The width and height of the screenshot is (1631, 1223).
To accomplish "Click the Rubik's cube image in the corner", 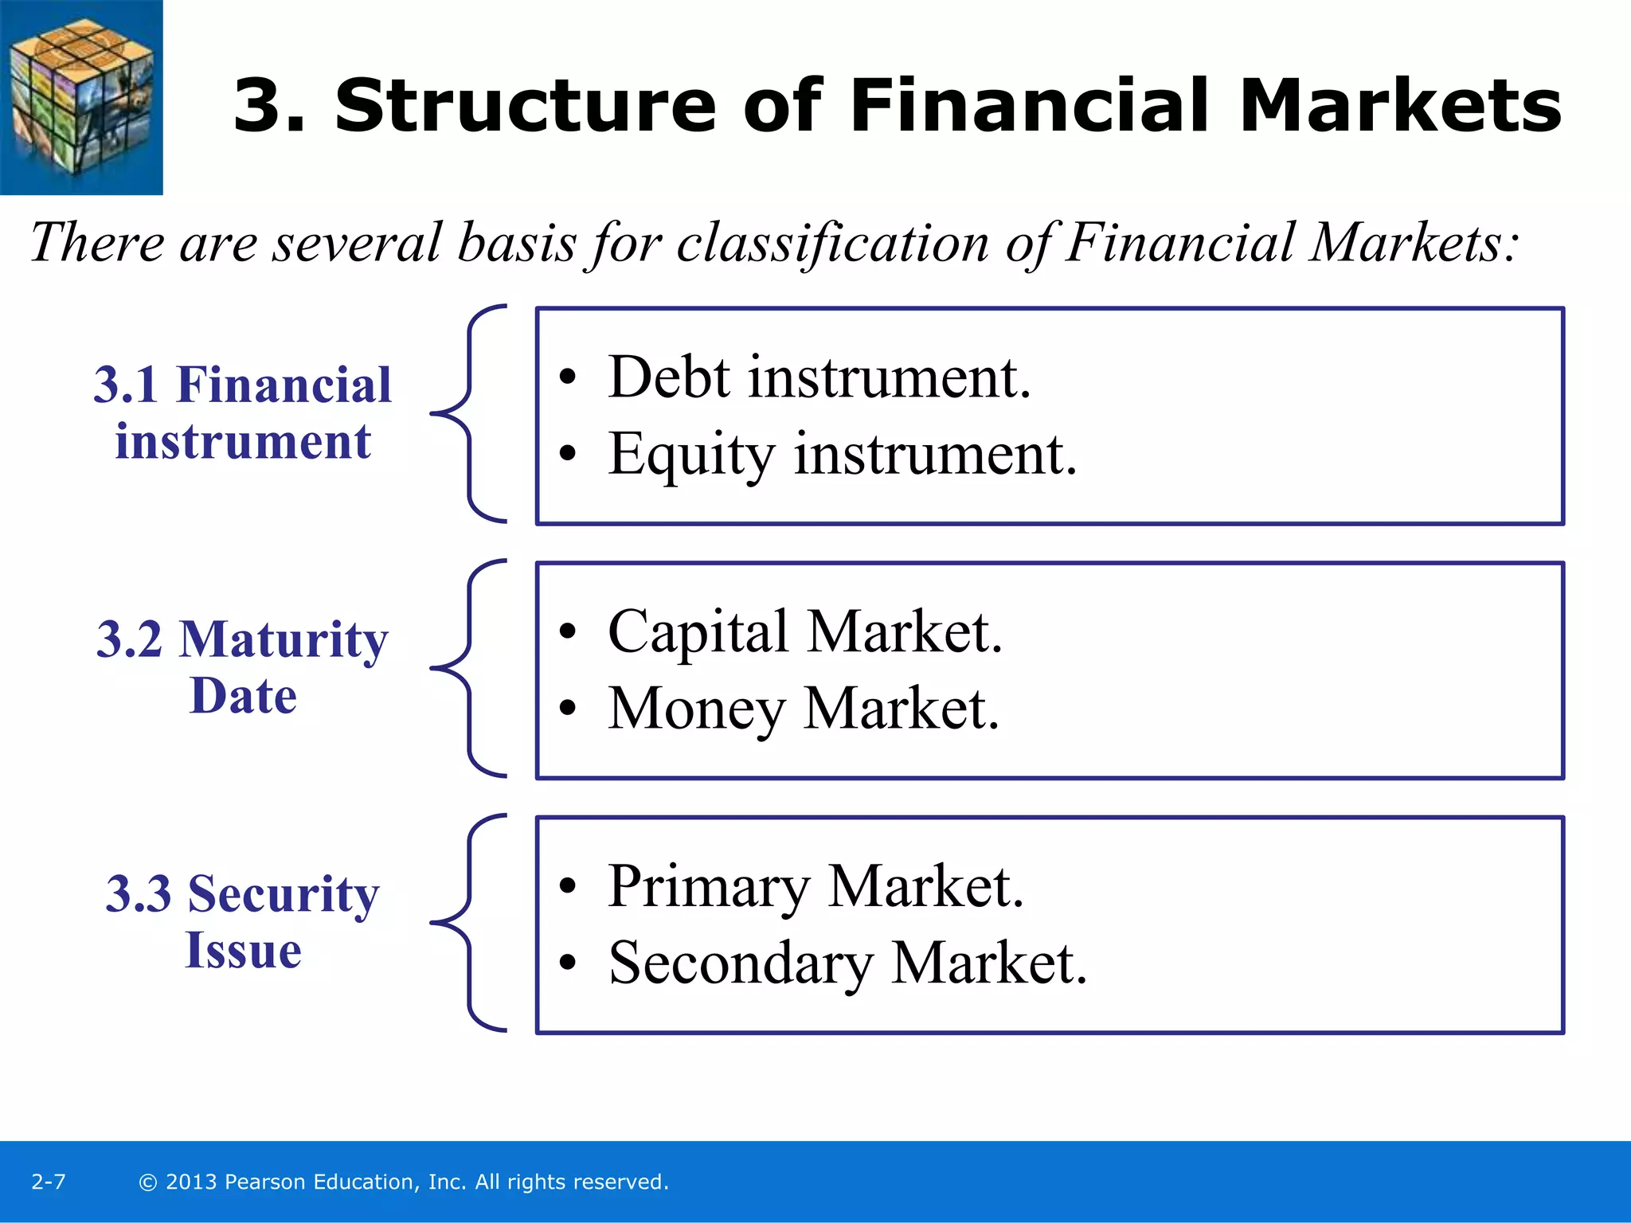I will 81,97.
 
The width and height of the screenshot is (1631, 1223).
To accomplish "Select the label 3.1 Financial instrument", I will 243,412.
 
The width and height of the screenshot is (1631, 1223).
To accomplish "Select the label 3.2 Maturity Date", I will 243,667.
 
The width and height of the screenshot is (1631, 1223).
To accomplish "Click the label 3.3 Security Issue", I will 243,921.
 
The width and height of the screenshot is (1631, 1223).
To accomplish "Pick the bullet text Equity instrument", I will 842,455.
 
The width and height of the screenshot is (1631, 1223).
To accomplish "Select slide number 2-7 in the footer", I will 48,1182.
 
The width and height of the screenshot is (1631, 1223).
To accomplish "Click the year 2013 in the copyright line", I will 191,1182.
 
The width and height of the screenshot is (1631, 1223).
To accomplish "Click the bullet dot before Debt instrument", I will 566,378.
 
